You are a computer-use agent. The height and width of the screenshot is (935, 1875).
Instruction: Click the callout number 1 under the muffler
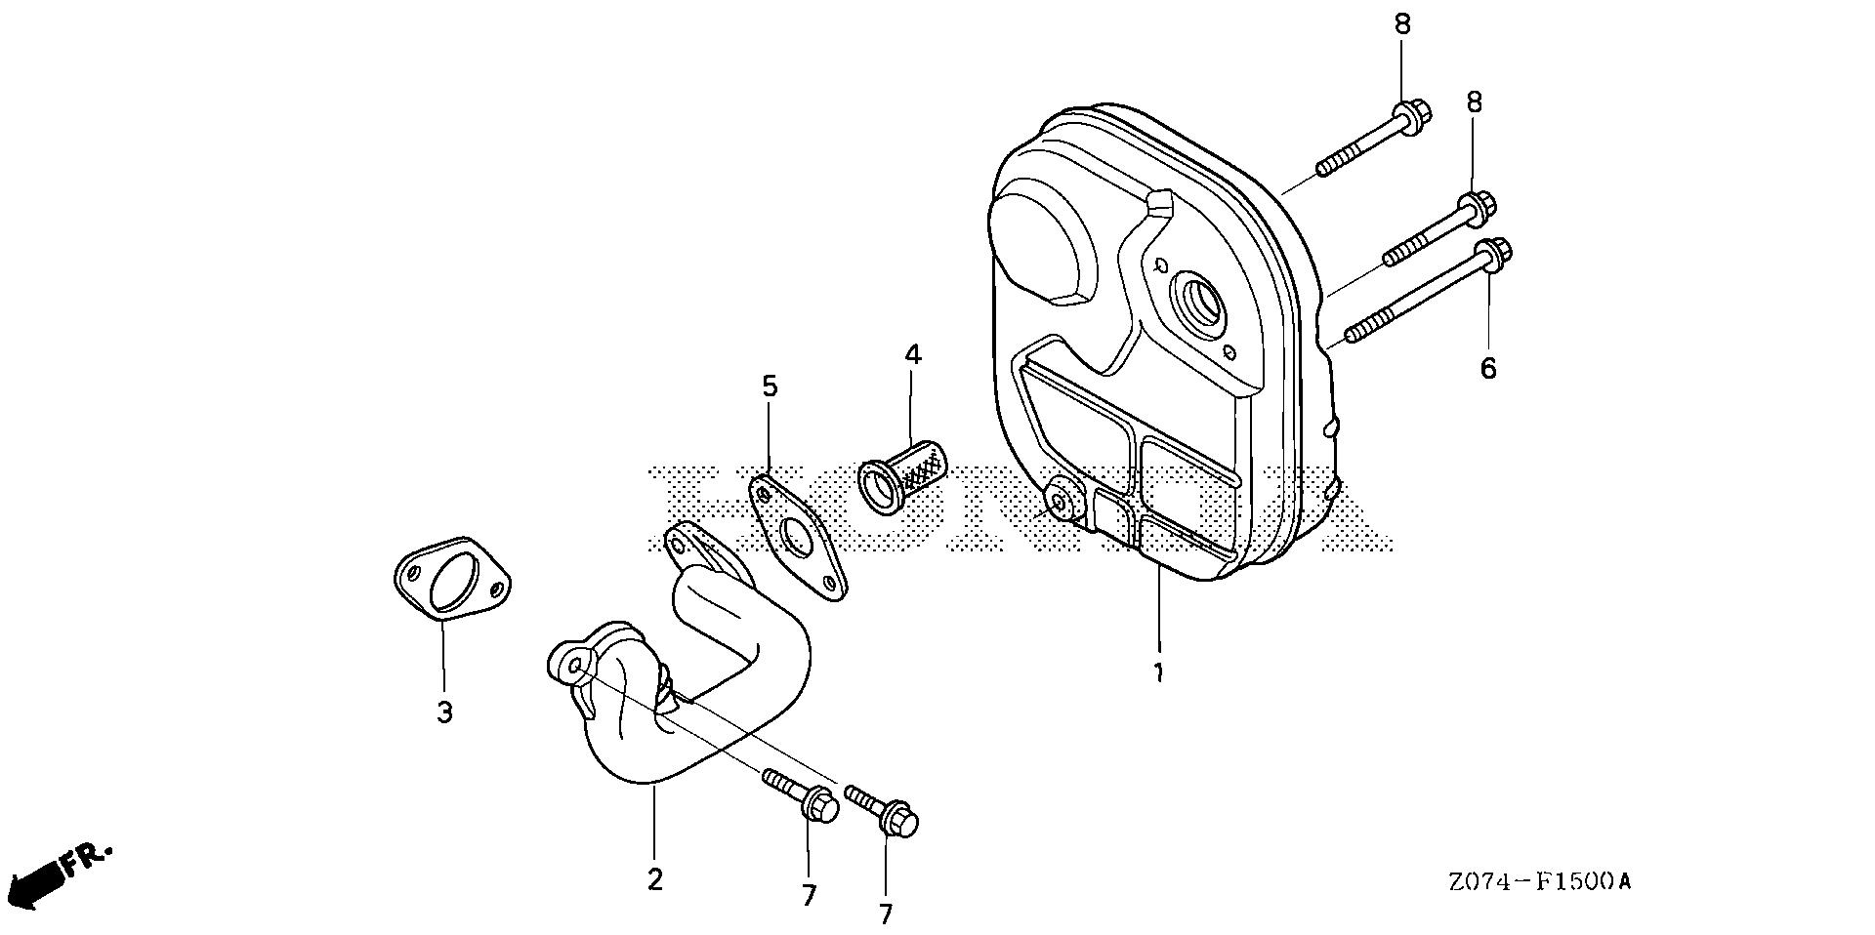tap(1158, 673)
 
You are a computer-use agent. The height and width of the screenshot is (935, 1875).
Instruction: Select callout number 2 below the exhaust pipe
tap(654, 879)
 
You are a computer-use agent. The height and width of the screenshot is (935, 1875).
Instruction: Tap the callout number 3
tap(444, 712)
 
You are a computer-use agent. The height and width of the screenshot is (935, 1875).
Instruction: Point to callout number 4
tap(912, 354)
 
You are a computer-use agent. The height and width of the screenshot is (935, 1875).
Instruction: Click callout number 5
tap(770, 386)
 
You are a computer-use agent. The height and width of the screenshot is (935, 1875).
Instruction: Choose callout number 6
tap(1487, 369)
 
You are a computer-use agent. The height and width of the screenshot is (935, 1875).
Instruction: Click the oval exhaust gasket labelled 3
tap(453, 579)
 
